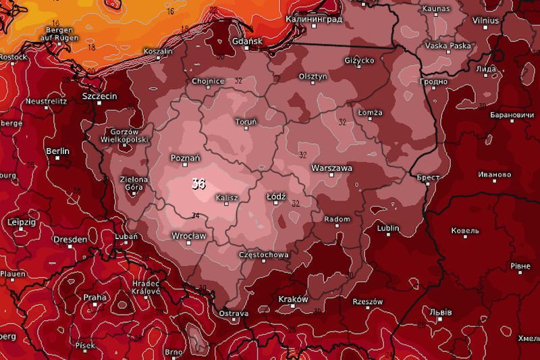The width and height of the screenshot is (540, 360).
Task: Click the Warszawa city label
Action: tap(331, 168)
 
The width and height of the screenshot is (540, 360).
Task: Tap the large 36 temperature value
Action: tap(198, 184)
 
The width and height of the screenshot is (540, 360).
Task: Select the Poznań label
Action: tap(186, 158)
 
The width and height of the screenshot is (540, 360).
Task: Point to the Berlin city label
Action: tap(57, 151)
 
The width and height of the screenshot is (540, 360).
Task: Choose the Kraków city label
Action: tap(293, 299)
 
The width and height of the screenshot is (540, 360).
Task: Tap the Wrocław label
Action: tap(188, 236)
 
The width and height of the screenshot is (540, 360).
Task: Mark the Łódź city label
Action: tap(277, 196)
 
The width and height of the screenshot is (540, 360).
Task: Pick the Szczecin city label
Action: tap(99, 97)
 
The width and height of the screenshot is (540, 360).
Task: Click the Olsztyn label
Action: tap(313, 76)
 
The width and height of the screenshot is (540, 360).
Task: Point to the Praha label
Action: tap(95, 297)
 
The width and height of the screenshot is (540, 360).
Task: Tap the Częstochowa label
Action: tap(264, 255)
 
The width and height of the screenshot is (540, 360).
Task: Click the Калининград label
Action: tap(314, 19)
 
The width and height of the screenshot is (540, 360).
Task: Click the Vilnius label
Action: tap(486, 21)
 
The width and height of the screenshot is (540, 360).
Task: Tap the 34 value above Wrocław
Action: tap(195, 216)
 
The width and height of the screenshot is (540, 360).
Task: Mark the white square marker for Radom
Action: tap(337, 228)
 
